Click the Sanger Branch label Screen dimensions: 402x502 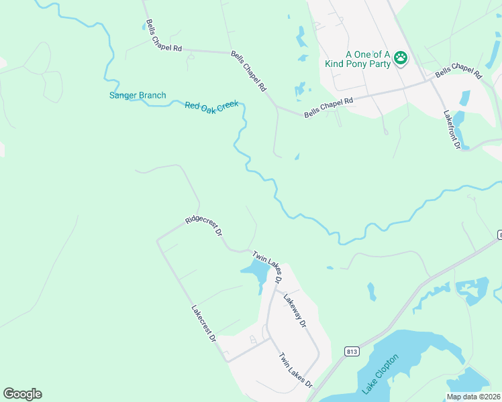pyautogui.click(x=138, y=95)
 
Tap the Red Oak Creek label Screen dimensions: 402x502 pyautogui.click(x=211, y=106)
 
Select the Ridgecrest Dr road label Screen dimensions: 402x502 pyautogui.click(x=204, y=227)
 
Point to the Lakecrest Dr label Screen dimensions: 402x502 pyautogui.click(x=203, y=324)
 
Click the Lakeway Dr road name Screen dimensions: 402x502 pyautogui.click(x=295, y=310)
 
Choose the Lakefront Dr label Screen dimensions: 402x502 pyautogui.click(x=452, y=129)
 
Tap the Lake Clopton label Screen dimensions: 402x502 pyautogui.click(x=380, y=374)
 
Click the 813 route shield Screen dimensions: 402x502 pyautogui.click(x=352, y=351)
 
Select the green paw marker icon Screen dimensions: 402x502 pyautogui.click(x=401, y=58)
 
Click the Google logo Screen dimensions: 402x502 pyautogui.click(x=22, y=394)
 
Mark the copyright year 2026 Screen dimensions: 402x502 pyautogui.click(x=493, y=397)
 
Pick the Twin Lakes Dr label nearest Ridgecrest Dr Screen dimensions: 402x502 pyautogui.click(x=267, y=265)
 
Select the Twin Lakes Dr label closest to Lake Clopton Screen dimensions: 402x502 pyautogui.click(x=296, y=371)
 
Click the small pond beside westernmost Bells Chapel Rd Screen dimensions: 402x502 pyautogui.click(x=149, y=26)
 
